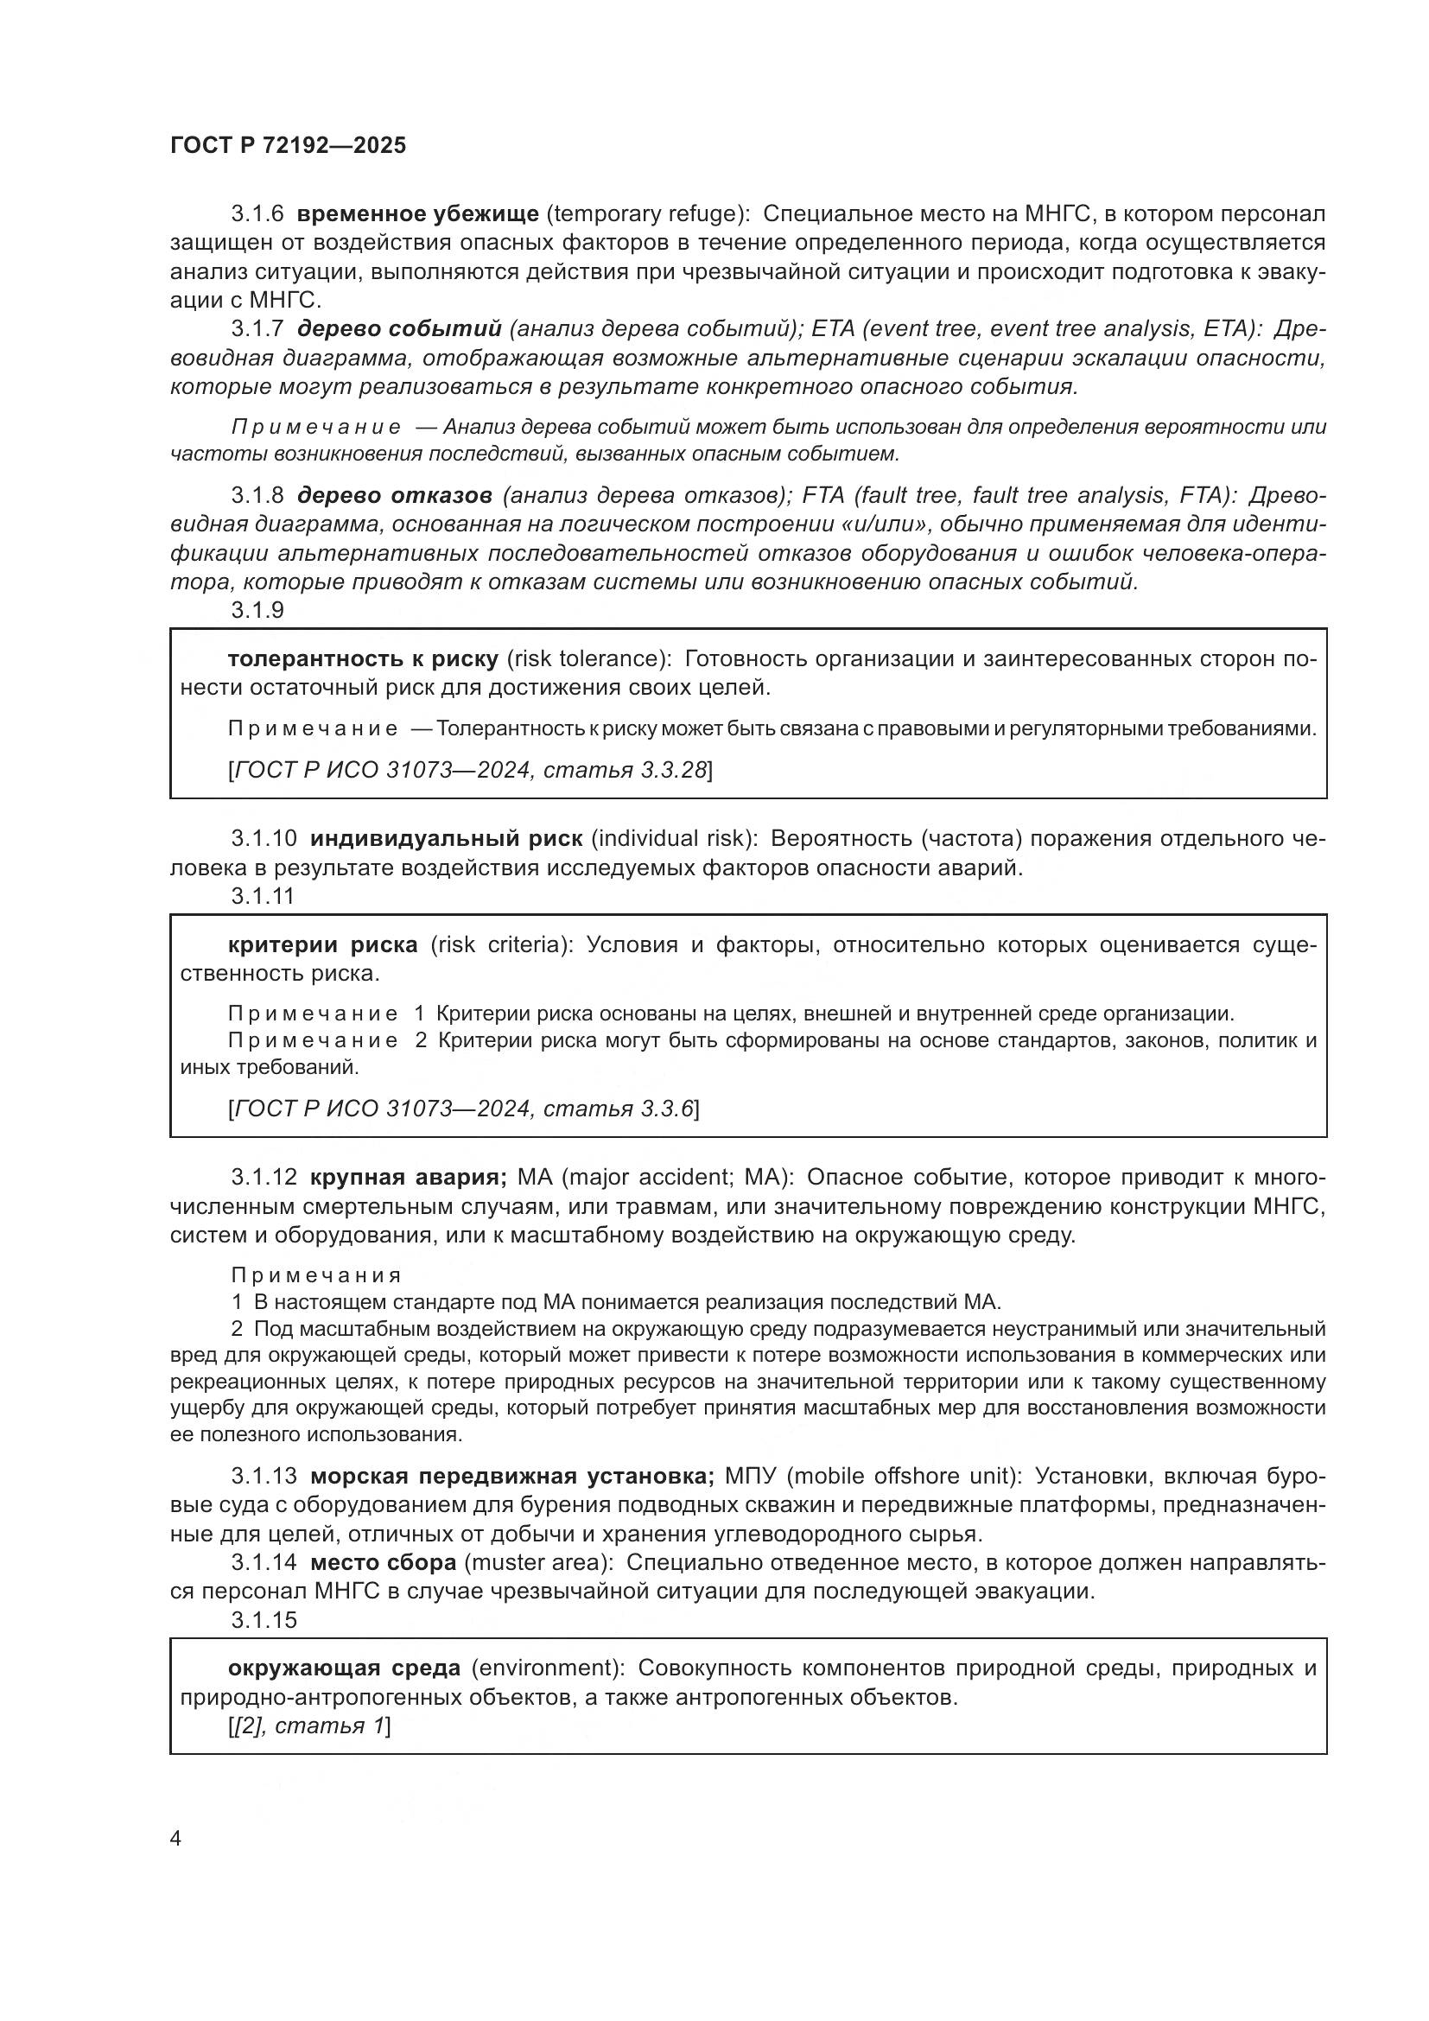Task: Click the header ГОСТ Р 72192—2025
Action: (288, 146)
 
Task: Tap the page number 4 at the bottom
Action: (175, 1839)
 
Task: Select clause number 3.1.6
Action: (257, 214)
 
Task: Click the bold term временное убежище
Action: (417, 214)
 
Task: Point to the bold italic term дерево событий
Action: (399, 329)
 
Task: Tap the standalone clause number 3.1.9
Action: (257, 610)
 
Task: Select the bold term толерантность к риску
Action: (363, 659)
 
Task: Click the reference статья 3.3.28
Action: (625, 770)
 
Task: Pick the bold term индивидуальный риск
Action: (446, 838)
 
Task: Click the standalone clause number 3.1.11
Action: (263, 896)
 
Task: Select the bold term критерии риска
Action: (322, 945)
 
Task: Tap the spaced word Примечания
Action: (316, 1275)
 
